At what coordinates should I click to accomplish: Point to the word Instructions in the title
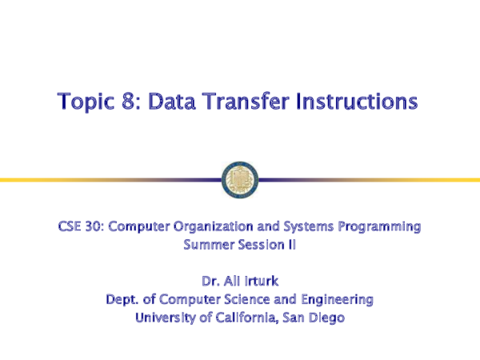coord(358,102)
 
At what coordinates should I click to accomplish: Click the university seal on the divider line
coord(240,178)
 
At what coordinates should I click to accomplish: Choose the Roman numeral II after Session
coord(291,245)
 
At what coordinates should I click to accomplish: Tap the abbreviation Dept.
coord(122,300)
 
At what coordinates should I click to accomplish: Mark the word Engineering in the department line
coord(337,300)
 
